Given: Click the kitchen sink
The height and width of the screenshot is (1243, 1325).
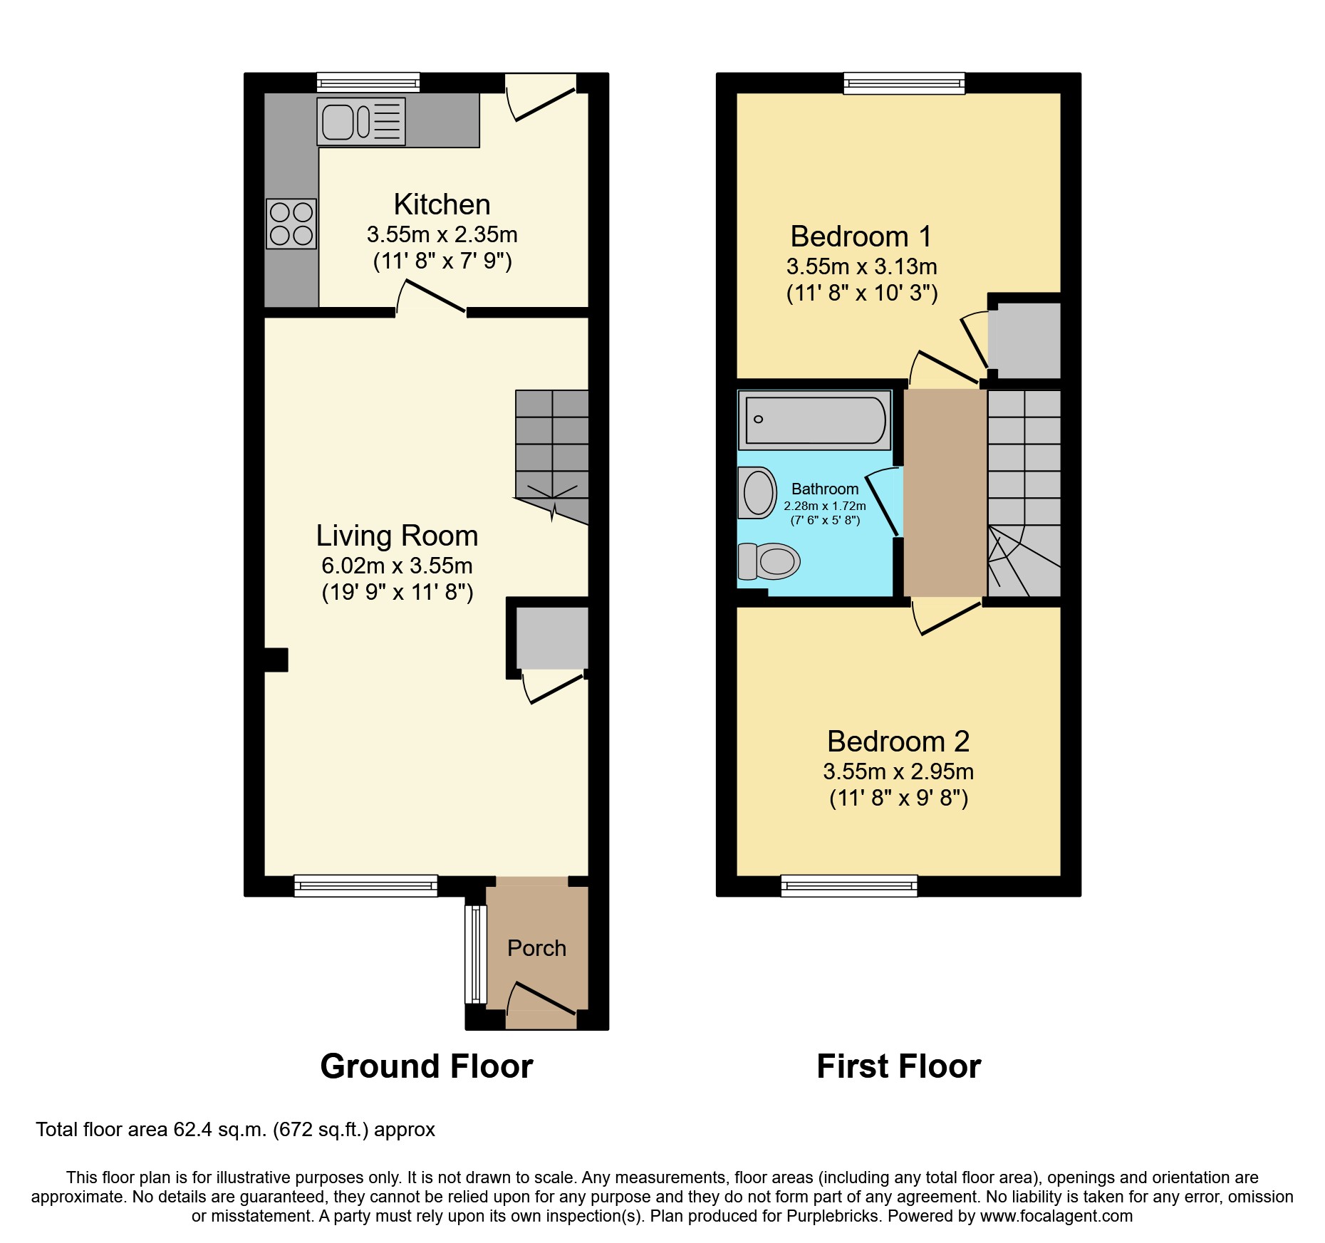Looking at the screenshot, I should point(360,122).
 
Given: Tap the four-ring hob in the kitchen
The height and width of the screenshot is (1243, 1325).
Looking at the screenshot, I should point(291,224).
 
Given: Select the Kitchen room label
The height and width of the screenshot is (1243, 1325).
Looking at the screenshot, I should point(442,204).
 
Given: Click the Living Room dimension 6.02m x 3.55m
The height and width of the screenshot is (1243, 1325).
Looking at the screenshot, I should point(397,566).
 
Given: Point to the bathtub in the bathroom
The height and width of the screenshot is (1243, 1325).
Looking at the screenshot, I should point(814,420).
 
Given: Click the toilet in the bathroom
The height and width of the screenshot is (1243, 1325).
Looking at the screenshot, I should point(769,561).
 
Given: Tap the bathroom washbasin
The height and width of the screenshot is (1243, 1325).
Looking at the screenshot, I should point(757,492).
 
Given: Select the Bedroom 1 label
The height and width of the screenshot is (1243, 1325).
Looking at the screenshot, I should point(861,236).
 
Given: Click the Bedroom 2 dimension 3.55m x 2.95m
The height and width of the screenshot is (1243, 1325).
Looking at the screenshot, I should point(898,771).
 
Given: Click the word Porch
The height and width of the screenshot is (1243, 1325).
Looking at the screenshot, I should point(536,948).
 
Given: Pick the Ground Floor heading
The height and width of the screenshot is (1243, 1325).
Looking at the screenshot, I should point(426,1066).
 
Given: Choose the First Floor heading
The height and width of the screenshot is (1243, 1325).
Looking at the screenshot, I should point(898,1066).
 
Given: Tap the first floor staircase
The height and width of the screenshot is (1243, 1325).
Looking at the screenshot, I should point(1024,492).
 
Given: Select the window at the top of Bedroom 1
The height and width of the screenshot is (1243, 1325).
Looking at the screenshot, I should point(904,83).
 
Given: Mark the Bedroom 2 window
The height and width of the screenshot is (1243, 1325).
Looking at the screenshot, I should point(849,885).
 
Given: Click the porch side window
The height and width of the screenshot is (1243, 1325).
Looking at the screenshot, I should point(474,955).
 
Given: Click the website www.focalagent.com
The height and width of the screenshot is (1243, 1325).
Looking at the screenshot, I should point(1056,1216).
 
